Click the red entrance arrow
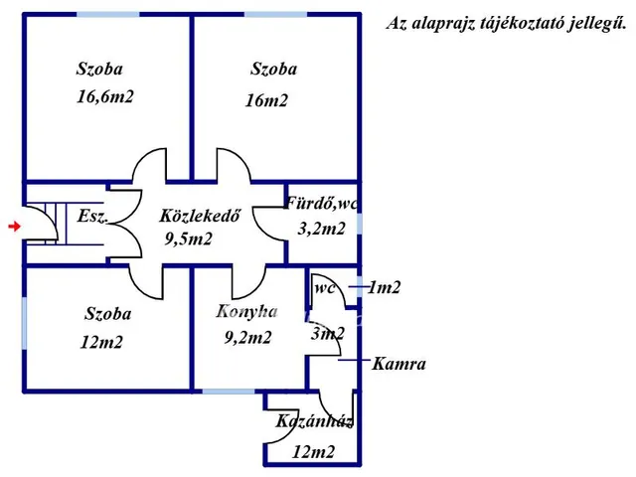14,226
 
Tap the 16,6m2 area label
105,97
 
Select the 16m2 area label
266,100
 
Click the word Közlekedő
200,216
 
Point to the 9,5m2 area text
188,238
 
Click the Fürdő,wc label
322,203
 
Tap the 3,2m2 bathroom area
321,229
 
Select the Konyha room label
247,311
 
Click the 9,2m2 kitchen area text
247,338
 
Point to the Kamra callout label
398,364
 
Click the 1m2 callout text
384,287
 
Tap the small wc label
325,288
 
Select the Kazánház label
314,421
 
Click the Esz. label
92,216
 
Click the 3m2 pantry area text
328,334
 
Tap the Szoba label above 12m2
108,314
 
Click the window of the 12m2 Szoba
24,323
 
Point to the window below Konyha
229,392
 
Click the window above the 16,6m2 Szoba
108,15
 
